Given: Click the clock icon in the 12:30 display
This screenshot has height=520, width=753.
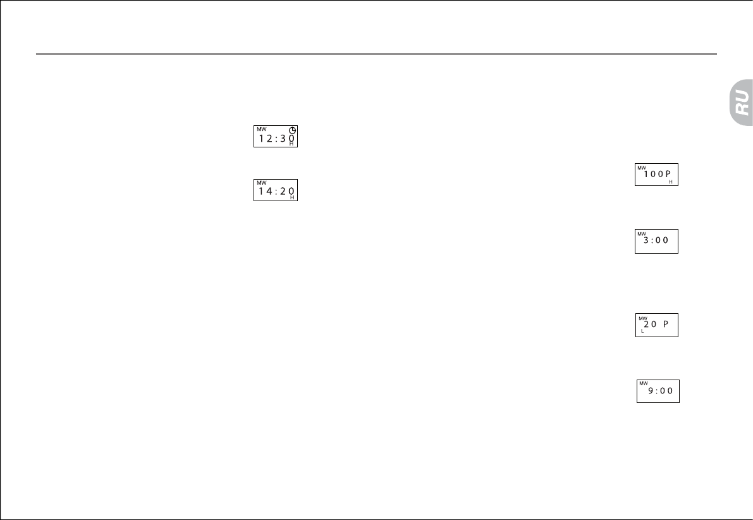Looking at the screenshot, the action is click(x=293, y=130).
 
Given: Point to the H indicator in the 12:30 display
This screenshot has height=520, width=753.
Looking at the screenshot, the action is click(x=291, y=144).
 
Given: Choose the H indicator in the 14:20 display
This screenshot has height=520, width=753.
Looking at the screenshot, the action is click(x=292, y=197).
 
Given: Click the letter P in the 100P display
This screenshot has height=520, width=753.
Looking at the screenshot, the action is click(x=668, y=174).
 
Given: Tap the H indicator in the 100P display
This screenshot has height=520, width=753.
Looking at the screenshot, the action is click(x=670, y=182).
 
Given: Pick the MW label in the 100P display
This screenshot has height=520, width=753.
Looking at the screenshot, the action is click(x=641, y=168).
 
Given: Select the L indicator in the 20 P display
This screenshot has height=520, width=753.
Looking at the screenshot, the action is click(x=642, y=331).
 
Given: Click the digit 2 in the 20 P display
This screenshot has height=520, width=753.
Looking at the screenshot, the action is click(x=646, y=324).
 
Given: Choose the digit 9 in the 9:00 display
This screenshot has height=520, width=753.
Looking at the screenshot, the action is click(x=651, y=391).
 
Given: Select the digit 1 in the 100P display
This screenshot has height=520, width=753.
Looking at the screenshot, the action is click(x=646, y=174).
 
